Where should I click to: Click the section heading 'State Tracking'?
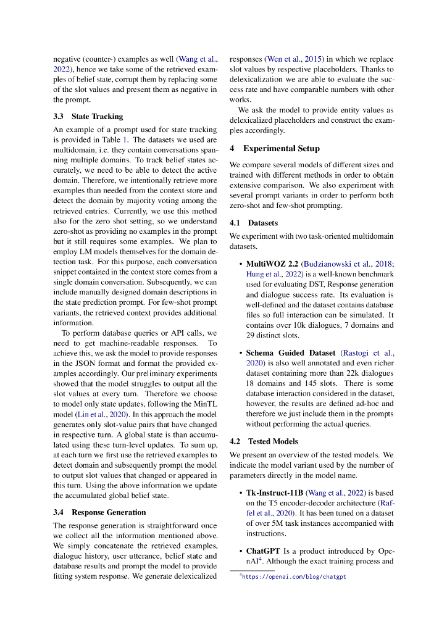pyautogui.click(x=97, y=116)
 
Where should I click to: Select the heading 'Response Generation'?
pyautogui.click(x=109, y=512)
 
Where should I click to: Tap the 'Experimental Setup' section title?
pyautogui.click(x=281, y=148)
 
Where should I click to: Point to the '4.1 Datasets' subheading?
pyautogui.click(x=253, y=222)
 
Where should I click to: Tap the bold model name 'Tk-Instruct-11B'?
pyautogui.click(x=274, y=493)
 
